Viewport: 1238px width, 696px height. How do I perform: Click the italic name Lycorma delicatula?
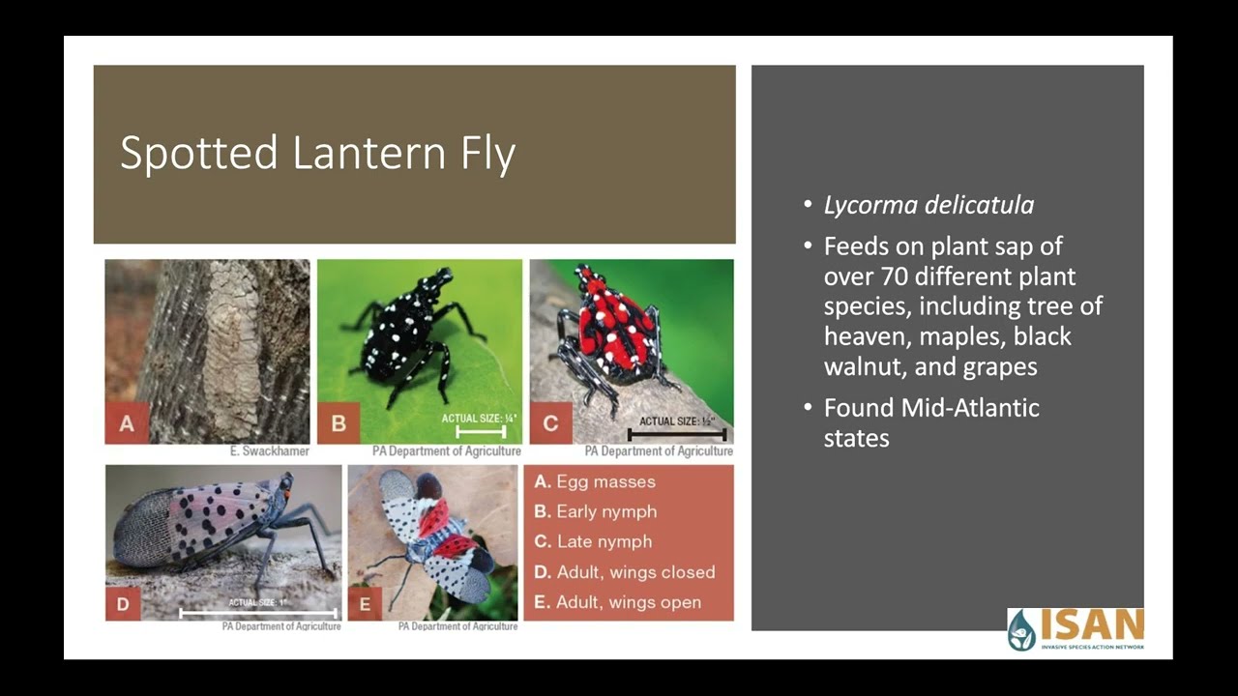click(x=928, y=206)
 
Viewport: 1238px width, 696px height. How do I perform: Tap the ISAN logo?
click(x=1076, y=629)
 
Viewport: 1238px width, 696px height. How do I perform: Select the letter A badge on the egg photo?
click(x=127, y=423)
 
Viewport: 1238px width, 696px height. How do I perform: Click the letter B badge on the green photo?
click(x=339, y=423)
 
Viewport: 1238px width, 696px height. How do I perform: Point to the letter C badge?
click(x=550, y=423)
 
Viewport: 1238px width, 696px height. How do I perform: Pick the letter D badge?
click(x=123, y=605)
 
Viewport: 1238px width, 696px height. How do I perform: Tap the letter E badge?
click(x=365, y=605)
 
